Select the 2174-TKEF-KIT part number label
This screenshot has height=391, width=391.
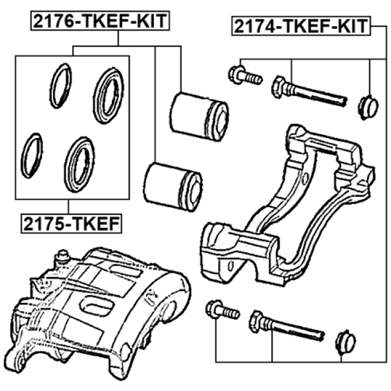[x=300, y=27]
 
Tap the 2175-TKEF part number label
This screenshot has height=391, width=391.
[x=71, y=225]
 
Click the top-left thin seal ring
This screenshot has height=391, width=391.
[x=60, y=86]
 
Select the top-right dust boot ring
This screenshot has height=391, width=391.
[x=108, y=95]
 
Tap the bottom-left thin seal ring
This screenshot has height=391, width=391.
[x=32, y=156]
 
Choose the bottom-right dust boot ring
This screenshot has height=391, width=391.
[x=80, y=161]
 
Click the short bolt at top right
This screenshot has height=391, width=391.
[x=244, y=76]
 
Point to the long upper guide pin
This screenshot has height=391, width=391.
[x=309, y=92]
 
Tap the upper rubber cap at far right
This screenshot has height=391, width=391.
[x=367, y=106]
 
